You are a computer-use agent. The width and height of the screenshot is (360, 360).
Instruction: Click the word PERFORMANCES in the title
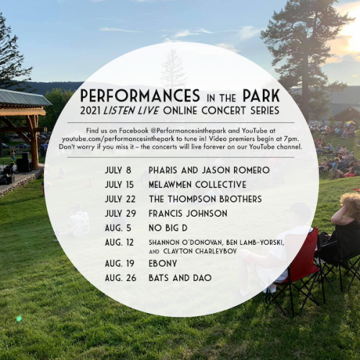140,96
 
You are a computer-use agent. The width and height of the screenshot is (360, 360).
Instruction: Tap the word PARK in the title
261,96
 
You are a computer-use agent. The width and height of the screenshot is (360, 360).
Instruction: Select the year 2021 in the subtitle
90,111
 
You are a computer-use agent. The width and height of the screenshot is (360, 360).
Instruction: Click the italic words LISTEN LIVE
131,111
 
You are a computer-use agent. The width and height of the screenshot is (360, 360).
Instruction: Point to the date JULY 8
118,170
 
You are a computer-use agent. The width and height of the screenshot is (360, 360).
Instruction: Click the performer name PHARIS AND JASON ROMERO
209,170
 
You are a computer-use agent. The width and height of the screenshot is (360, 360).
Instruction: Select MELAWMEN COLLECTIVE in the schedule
197,184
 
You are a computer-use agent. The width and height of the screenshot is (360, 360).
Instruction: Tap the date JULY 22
120,199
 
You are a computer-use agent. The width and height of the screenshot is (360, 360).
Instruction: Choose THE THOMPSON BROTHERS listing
205,199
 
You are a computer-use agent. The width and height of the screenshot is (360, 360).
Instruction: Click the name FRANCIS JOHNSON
188,213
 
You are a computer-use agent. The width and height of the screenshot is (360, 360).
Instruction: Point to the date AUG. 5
118,228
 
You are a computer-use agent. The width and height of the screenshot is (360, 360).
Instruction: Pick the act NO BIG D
168,228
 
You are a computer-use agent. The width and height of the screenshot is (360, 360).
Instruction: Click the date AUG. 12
120,242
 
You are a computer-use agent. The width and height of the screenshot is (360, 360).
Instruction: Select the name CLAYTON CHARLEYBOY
200,251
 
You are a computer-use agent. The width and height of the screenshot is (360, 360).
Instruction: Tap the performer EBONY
163,264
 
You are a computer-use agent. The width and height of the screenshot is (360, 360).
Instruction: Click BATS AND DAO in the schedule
180,278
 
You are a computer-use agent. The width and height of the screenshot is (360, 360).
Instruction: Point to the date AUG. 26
120,278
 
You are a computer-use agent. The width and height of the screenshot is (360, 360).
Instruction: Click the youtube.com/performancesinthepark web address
118,139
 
